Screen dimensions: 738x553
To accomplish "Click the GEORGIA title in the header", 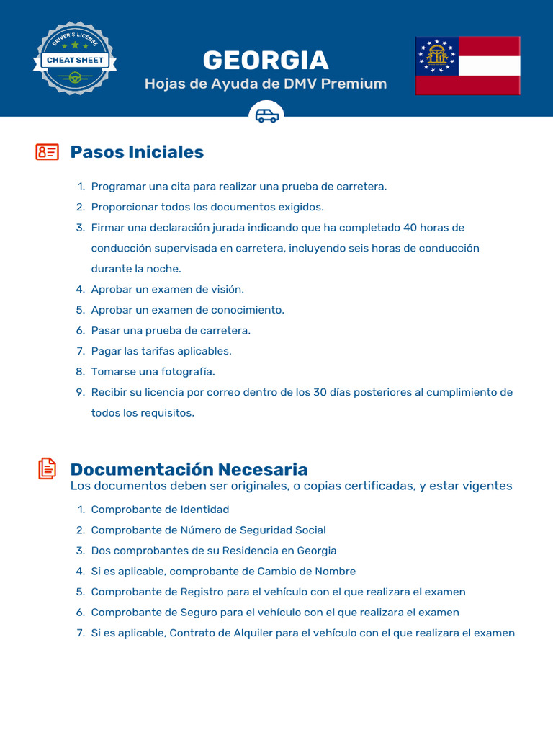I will click(x=266, y=60).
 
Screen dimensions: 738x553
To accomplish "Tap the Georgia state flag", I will click(x=467, y=66).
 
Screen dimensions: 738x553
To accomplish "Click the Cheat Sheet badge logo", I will click(x=75, y=58).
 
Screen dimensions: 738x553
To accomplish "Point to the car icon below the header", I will click(x=266, y=115).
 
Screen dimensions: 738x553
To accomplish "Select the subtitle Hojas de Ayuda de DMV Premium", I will click(x=266, y=84).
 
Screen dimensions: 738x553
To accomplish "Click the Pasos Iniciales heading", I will click(x=137, y=152).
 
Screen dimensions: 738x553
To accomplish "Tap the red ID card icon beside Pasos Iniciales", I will click(x=47, y=152).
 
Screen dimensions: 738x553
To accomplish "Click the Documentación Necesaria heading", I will click(x=189, y=470).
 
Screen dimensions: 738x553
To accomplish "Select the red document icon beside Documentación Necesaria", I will click(x=47, y=468).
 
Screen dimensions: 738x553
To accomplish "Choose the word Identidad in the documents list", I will click(x=204, y=510).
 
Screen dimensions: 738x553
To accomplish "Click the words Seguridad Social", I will click(x=279, y=530).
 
